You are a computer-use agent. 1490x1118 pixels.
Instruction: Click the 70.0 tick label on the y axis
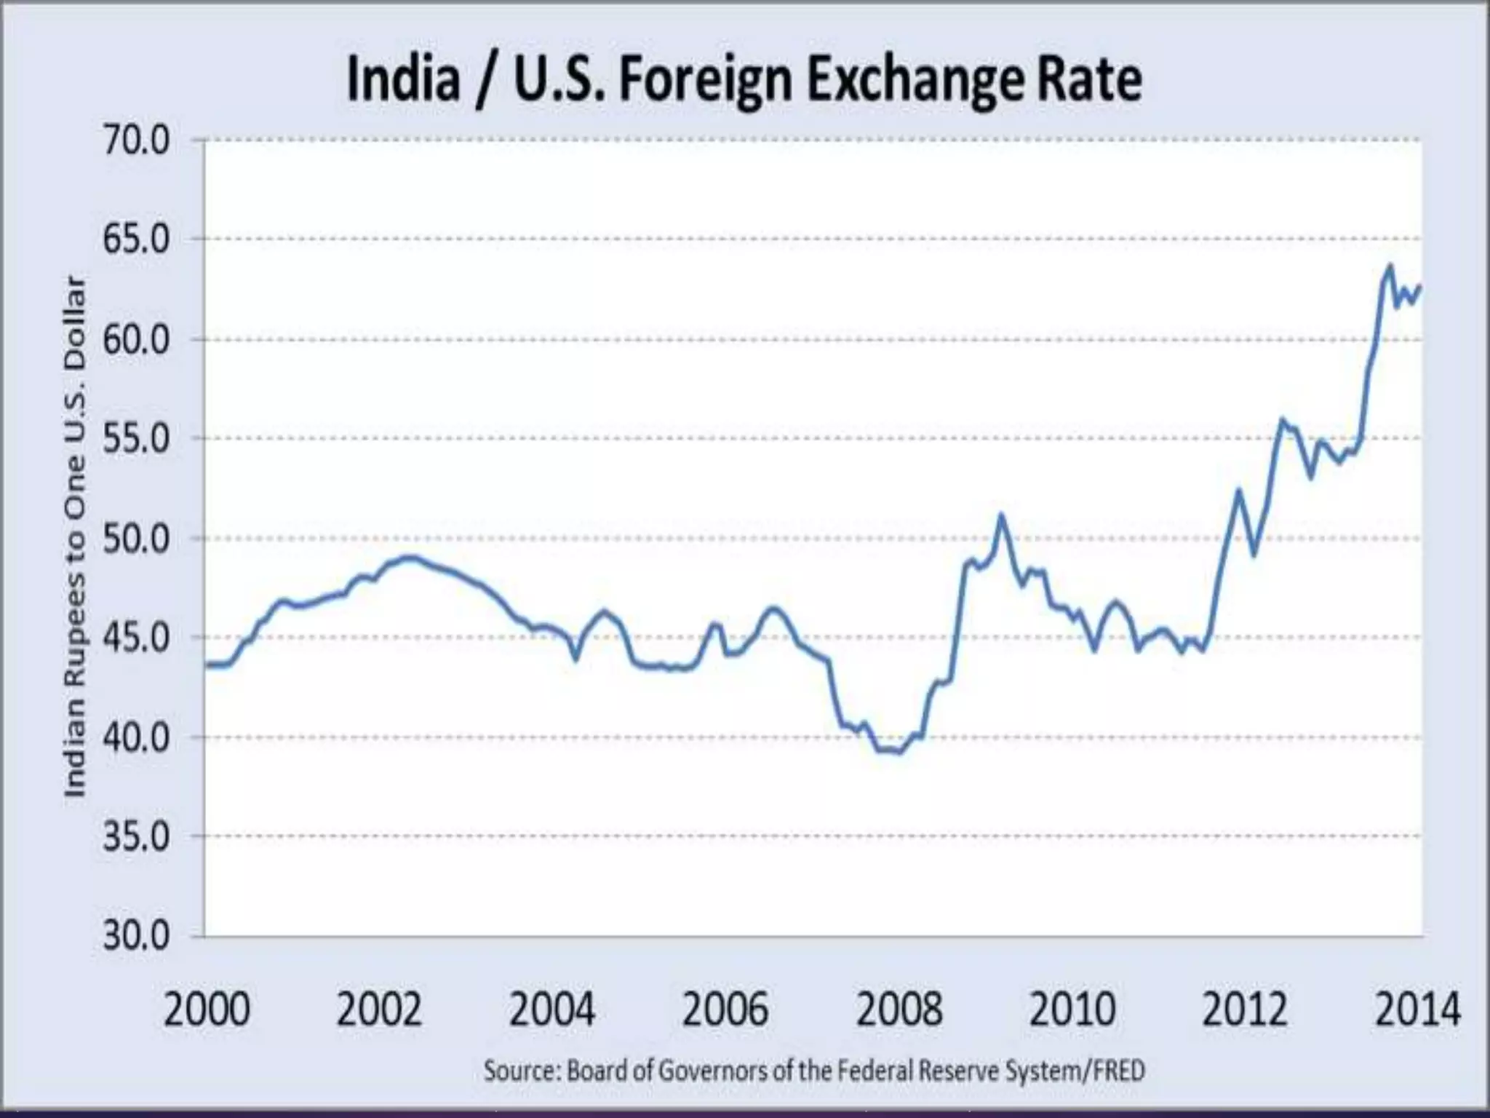[136, 140]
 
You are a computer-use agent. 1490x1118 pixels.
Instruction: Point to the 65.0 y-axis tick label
[136, 239]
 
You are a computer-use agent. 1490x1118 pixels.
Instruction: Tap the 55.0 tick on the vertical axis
[136, 439]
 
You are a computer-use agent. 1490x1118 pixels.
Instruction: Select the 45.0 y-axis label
[136, 638]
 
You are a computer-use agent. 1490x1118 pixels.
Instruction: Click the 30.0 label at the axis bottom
[136, 936]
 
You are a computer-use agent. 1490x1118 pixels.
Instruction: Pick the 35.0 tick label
[136, 837]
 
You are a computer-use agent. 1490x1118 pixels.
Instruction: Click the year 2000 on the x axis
[207, 1010]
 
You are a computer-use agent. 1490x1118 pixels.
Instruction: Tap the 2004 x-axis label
[551, 1010]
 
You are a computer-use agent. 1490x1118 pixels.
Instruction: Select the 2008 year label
[899, 1010]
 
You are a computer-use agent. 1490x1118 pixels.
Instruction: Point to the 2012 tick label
[1244, 1010]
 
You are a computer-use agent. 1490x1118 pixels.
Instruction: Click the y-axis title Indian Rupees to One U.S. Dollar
[75, 537]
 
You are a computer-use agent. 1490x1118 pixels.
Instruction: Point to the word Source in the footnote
[522, 1071]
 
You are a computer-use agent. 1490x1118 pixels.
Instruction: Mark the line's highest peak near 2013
[1390, 266]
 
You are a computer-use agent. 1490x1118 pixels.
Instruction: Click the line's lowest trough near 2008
[901, 753]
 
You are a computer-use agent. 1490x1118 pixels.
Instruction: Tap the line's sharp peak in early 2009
[1001, 515]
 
